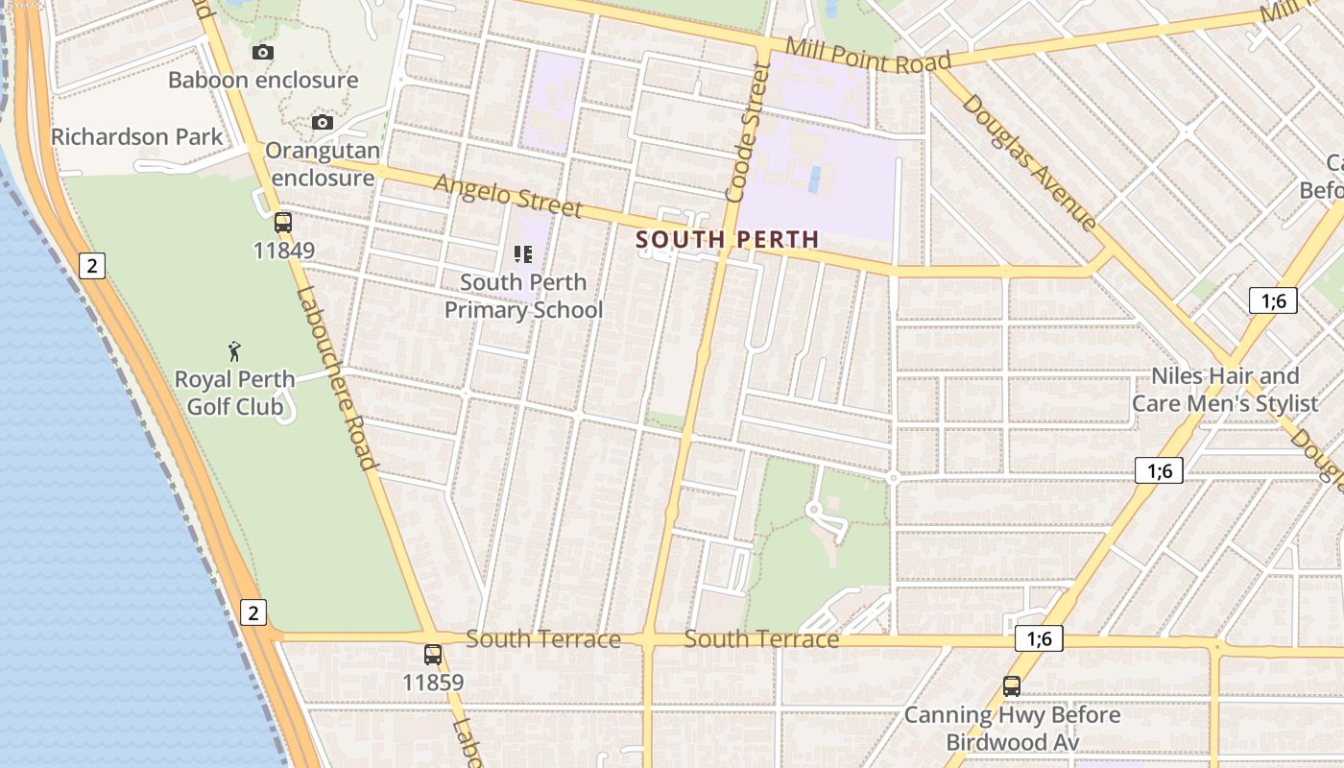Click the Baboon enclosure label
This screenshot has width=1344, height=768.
(x=263, y=80)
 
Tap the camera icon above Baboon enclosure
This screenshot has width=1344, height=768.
(x=263, y=52)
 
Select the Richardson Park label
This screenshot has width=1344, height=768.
(x=136, y=136)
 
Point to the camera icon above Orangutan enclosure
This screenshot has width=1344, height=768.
(x=323, y=122)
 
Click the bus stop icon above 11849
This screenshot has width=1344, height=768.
(x=283, y=223)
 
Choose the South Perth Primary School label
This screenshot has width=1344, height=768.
(x=523, y=296)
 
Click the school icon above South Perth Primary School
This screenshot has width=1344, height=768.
(x=523, y=254)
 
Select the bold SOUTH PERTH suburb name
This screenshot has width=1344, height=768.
(x=728, y=239)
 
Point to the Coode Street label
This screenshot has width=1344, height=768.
(x=749, y=132)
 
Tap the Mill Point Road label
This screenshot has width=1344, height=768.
(x=868, y=56)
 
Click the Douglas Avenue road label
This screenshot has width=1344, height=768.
(x=1029, y=162)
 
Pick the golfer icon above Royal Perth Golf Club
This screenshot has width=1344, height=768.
(x=234, y=351)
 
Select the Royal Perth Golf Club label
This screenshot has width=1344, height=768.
(x=234, y=393)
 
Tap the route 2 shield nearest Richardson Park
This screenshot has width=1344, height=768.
(x=91, y=266)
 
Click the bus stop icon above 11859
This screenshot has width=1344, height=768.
(x=433, y=655)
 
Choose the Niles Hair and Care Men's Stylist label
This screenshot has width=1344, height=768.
(x=1225, y=389)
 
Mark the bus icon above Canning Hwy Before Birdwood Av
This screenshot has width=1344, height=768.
(x=1012, y=686)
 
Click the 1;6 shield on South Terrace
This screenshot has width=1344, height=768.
(x=1039, y=639)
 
